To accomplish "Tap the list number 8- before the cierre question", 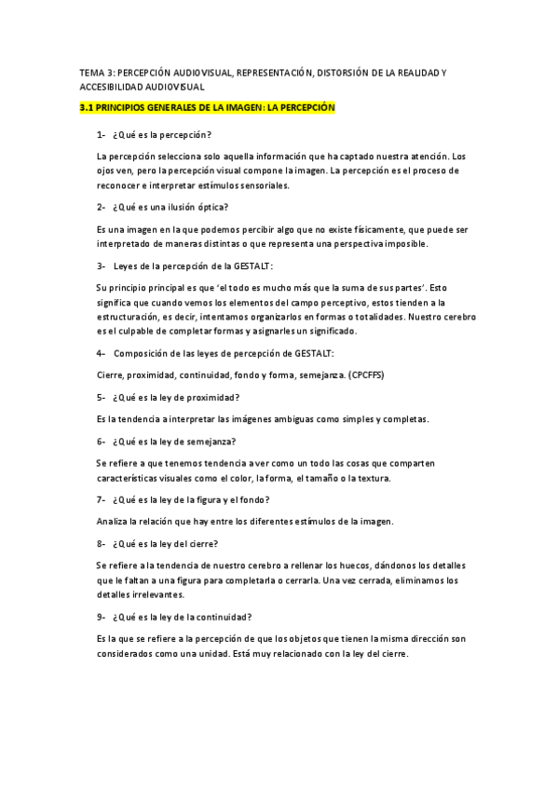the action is click(x=101, y=543).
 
